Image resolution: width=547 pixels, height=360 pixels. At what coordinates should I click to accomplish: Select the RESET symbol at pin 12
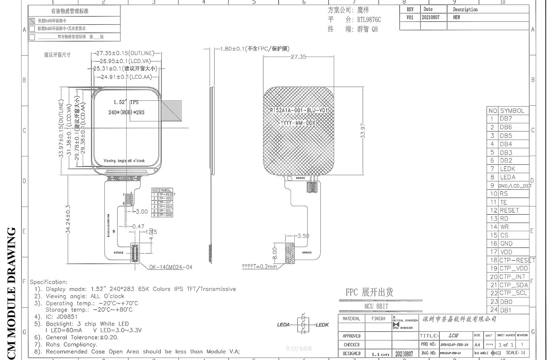click(509, 210)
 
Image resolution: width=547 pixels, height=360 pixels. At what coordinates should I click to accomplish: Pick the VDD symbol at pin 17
click(506, 252)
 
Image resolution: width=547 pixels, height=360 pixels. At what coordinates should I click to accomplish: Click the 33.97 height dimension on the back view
click(362, 130)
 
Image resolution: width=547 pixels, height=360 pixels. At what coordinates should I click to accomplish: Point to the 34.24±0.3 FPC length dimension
click(68, 219)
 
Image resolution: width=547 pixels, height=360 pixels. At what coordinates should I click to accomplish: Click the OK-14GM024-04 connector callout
click(170, 267)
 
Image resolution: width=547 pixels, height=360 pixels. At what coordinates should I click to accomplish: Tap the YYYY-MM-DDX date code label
click(298, 123)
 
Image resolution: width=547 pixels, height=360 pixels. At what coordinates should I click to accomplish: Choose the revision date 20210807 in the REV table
click(431, 18)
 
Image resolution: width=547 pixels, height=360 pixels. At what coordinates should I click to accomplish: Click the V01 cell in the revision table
click(410, 18)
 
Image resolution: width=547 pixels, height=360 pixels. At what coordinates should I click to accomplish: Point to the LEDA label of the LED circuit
click(283, 325)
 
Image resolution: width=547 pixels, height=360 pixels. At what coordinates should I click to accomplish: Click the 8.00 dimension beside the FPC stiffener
click(275, 253)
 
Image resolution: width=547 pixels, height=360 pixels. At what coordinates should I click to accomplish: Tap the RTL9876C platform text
click(369, 20)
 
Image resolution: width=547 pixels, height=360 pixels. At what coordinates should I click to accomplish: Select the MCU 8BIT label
click(376, 306)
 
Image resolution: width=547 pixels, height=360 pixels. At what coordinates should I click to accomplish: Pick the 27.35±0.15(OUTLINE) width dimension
click(125, 53)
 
